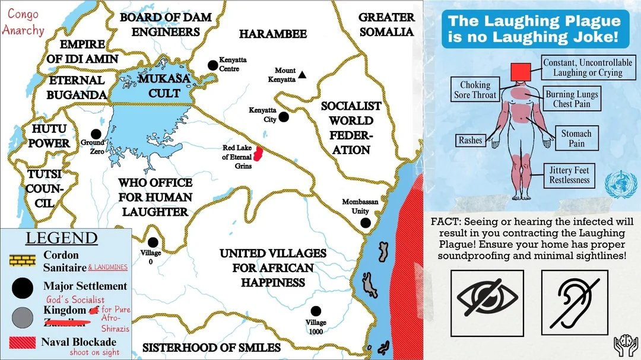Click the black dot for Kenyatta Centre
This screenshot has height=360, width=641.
tap(212, 65)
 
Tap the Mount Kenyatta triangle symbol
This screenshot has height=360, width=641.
tap(302, 75)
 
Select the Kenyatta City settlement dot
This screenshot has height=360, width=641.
tap(284, 117)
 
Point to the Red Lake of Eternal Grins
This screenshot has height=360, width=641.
tap(258, 155)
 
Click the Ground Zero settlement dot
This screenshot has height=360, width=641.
tap(96, 134)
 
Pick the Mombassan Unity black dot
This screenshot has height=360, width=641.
tap(366, 222)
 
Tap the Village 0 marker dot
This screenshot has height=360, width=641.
tap(153, 242)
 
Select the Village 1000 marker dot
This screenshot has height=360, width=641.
tap(316, 311)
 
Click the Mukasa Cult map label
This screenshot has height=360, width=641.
tap(156, 85)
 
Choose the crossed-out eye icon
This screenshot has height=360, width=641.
tap(487, 300)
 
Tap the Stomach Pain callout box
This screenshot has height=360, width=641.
tap(576, 138)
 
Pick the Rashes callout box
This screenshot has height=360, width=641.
tap(470, 141)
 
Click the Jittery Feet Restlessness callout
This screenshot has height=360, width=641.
tap(569, 175)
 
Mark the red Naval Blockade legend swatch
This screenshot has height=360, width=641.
tap(22, 343)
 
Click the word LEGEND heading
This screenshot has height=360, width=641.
tap(62, 238)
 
